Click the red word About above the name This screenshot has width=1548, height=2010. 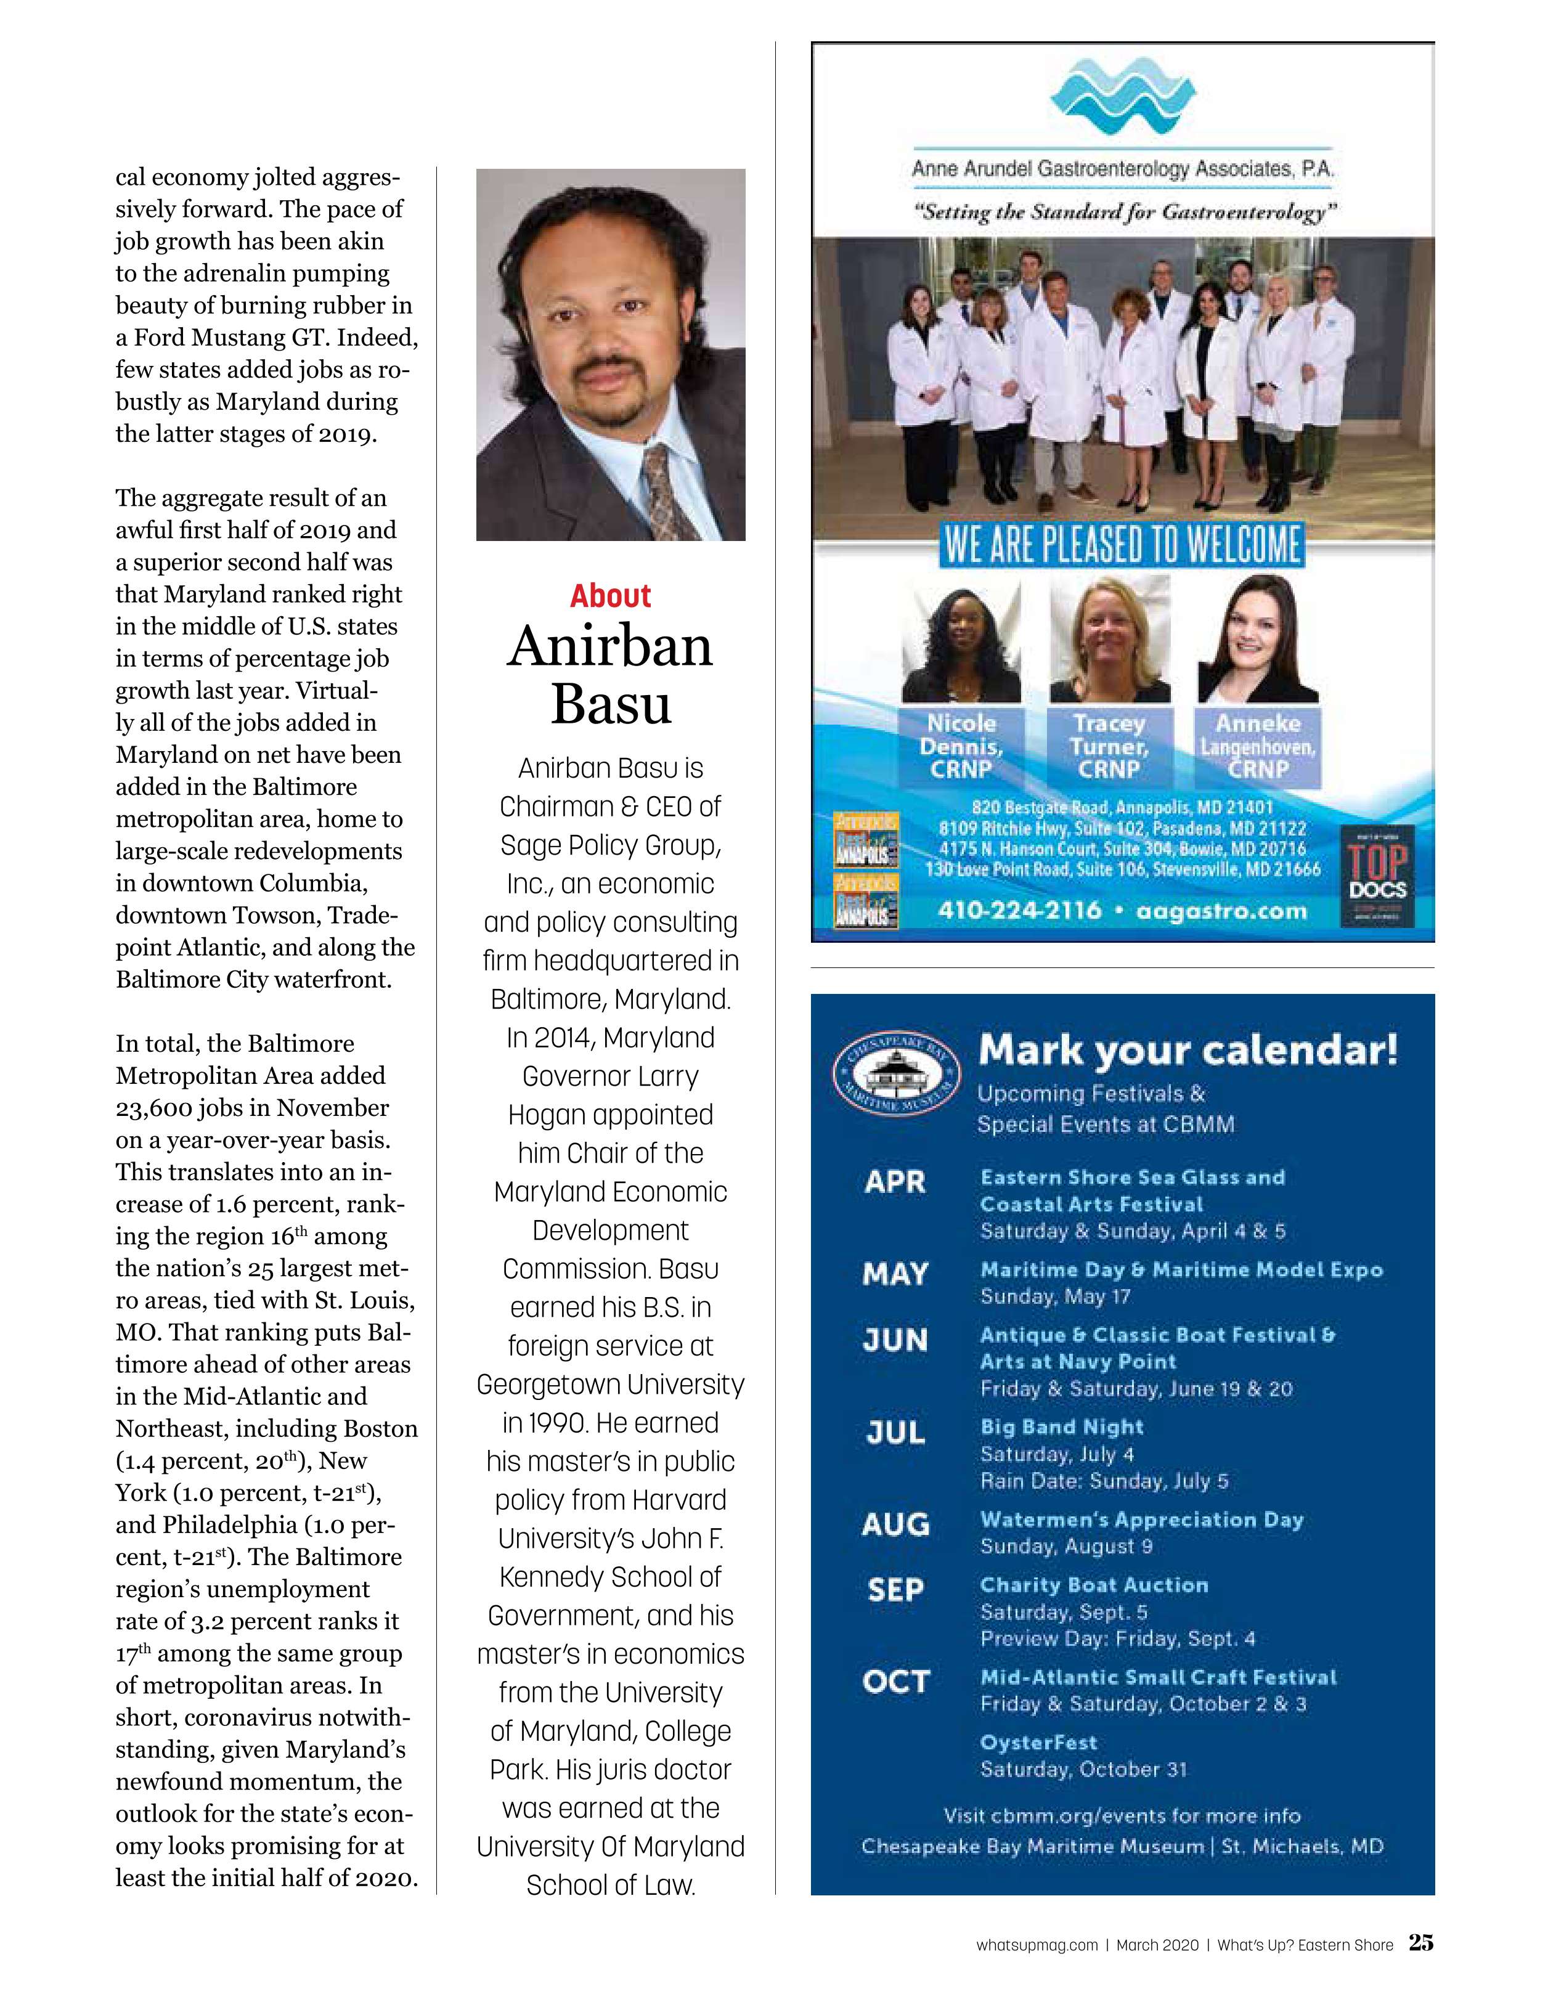610,596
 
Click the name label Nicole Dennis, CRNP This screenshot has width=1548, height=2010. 961,746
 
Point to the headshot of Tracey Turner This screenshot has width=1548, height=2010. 1110,639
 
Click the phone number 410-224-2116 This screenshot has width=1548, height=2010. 1019,911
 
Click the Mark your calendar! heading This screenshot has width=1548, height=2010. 1187,1050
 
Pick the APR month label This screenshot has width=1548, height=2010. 895,1182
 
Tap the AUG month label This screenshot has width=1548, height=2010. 895,1525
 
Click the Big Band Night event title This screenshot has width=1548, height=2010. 1061,1428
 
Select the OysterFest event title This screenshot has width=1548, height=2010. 1038,1742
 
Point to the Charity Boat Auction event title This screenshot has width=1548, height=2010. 1093,1585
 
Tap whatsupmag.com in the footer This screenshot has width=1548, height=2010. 1037,1945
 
